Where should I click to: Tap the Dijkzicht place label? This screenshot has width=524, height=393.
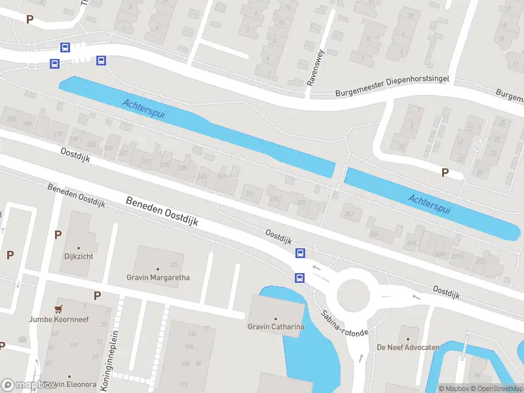(79, 256)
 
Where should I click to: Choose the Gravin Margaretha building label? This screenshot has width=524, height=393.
(158, 277)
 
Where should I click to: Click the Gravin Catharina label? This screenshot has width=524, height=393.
(275, 327)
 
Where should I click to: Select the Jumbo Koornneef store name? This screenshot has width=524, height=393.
(59, 320)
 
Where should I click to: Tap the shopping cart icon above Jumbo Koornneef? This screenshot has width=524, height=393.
(60, 309)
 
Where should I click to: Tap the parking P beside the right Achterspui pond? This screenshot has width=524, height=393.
(445, 173)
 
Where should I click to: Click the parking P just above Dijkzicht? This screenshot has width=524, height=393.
(58, 235)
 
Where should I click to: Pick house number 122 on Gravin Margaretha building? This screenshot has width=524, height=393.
(174, 265)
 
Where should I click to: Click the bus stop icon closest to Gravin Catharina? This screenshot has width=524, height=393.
(299, 277)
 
